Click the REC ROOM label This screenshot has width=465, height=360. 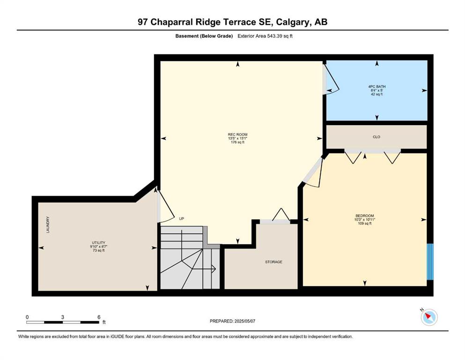[x=237, y=135]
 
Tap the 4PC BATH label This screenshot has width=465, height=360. [x=376, y=87]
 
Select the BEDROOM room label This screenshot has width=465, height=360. [x=364, y=216]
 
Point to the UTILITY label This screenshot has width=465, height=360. [x=98, y=243]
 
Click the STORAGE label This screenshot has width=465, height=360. [x=273, y=262]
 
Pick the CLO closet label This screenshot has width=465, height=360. [x=376, y=137]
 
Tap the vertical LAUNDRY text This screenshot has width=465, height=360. [x=48, y=225]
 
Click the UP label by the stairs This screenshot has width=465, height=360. [x=182, y=219]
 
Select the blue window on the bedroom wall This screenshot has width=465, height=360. [x=430, y=262]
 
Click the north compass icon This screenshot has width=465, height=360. [x=429, y=317]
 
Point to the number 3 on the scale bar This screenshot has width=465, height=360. [x=63, y=317]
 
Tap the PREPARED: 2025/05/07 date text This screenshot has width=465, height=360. [x=232, y=321]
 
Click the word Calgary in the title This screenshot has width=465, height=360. [x=292, y=22]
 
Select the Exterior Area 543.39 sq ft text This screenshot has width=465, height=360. [x=265, y=36]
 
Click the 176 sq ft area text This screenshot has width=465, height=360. [x=237, y=142]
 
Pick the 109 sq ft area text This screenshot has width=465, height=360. [x=364, y=224]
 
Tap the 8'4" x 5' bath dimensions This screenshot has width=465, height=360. [x=376, y=90]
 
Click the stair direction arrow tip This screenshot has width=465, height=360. [x=215, y=269]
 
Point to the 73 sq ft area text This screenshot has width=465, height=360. [x=98, y=250]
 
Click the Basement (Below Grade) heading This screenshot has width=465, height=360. [x=204, y=36]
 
